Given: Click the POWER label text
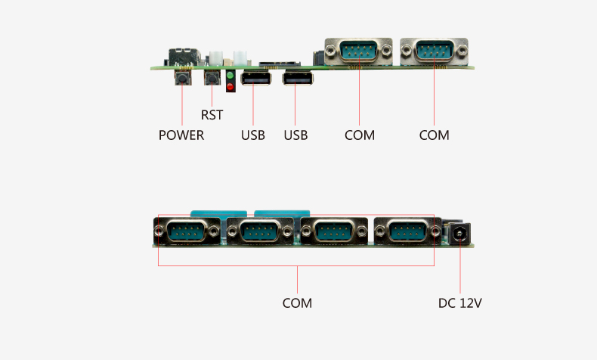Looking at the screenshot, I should pyautogui.click(x=181, y=135).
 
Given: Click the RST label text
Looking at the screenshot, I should pyautogui.click(x=212, y=116).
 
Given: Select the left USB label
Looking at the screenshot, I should pyautogui.click(x=253, y=135).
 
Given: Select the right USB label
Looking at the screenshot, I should pyautogui.click(x=295, y=135).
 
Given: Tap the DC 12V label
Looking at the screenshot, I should pyautogui.click(x=460, y=303).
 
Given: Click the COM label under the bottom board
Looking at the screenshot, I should pyautogui.click(x=297, y=303).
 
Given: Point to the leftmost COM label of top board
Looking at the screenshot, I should pyautogui.click(x=360, y=135).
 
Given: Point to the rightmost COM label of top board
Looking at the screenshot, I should pyautogui.click(x=435, y=135).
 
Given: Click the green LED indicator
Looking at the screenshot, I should pyautogui.click(x=230, y=77).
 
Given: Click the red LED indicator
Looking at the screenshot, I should pyautogui.click(x=230, y=88).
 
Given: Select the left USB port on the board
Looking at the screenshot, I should pyautogui.click(x=254, y=79).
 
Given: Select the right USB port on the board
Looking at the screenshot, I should pyautogui.click(x=297, y=79).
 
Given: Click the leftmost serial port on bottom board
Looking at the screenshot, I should pyautogui.click(x=187, y=231).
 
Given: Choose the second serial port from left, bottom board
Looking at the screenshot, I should pyautogui.click(x=260, y=231).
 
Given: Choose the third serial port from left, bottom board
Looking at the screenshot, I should pyautogui.click(x=333, y=231).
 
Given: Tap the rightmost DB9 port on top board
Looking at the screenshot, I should pyautogui.click(x=434, y=51).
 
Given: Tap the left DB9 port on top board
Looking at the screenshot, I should pyautogui.click(x=359, y=51).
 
